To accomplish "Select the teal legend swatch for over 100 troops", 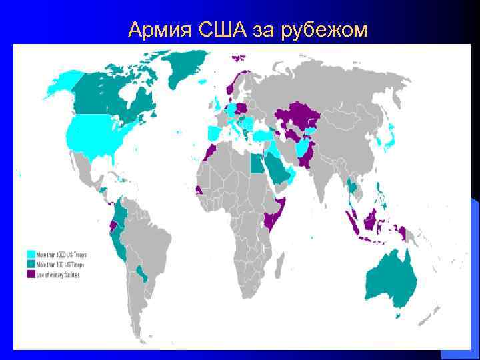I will click(x=31, y=265).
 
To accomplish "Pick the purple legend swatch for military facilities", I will click(x=31, y=274).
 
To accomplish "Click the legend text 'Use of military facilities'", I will click(x=59, y=274).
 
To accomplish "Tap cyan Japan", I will click(x=385, y=140).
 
